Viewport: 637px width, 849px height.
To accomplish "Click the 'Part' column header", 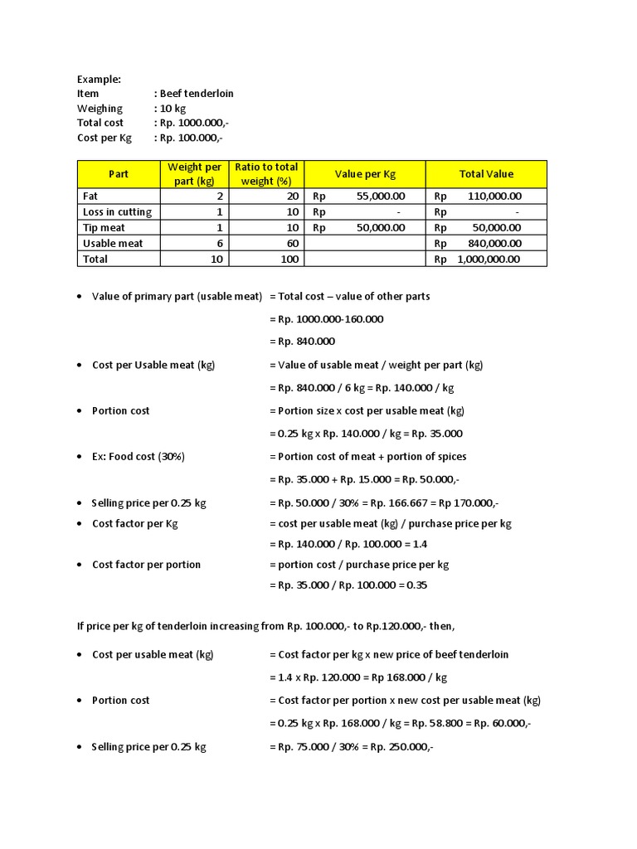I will point(119,174).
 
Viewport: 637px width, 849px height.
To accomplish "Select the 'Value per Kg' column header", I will point(365,174).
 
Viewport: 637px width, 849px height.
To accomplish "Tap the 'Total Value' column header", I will point(486,174).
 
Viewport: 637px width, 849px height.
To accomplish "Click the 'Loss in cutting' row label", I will point(117,212).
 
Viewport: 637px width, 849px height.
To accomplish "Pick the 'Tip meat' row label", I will point(105,228).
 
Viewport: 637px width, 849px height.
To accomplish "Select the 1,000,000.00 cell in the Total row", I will point(489,260).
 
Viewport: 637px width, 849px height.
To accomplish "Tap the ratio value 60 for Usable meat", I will point(292,244).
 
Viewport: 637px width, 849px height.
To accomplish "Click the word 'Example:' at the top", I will point(99,79).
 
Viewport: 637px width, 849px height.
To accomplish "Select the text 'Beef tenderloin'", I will point(197,94).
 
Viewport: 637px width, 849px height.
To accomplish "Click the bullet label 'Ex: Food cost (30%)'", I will point(139,457).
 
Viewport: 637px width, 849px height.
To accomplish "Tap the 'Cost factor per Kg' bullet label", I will point(135,524).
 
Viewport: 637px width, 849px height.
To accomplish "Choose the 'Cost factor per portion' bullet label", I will point(146,565).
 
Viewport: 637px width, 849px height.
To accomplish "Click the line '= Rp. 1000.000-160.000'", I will point(326,319).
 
